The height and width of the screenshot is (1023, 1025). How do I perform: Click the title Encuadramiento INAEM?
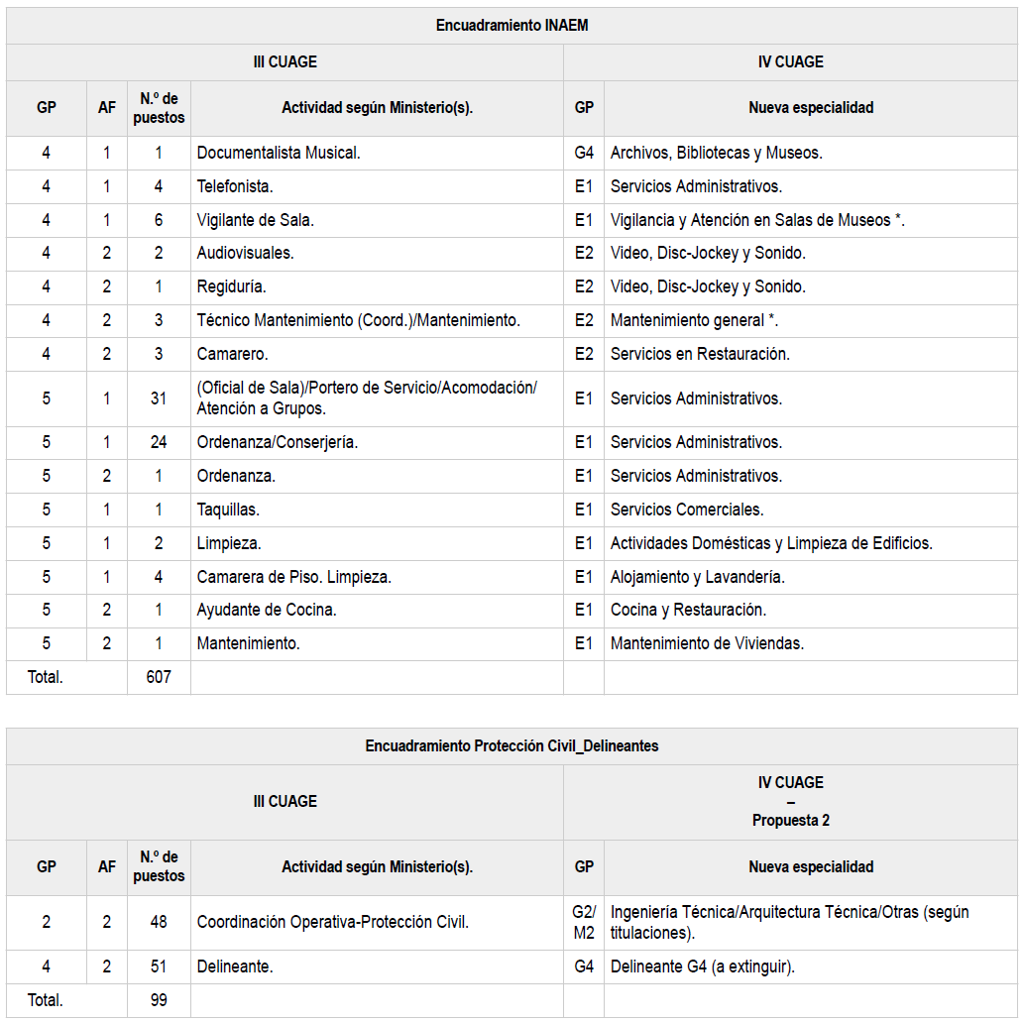[512, 26]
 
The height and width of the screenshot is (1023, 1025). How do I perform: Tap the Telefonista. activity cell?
[235, 186]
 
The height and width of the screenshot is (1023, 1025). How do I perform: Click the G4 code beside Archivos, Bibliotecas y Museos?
[584, 153]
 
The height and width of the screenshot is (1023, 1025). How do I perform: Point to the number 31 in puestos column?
[159, 398]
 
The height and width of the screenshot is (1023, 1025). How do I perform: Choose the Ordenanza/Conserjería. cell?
[278, 442]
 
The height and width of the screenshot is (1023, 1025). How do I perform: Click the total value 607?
[159, 677]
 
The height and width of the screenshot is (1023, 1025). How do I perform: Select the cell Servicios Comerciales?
[687, 510]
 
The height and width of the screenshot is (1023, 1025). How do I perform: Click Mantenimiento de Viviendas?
[707, 644]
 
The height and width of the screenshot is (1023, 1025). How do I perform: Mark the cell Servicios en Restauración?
[700, 354]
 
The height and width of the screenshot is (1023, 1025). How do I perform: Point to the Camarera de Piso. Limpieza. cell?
[294, 577]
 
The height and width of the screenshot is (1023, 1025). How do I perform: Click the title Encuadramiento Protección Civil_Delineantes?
[512, 746]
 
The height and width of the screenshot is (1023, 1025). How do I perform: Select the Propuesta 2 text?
[790, 820]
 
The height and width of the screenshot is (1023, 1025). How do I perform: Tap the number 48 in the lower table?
[159, 922]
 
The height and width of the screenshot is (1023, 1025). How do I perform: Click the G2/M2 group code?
[584, 922]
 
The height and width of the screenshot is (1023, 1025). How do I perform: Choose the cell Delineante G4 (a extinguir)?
[703, 966]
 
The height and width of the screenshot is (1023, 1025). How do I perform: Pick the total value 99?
[159, 1000]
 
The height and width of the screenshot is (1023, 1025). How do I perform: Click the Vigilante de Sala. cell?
[256, 220]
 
